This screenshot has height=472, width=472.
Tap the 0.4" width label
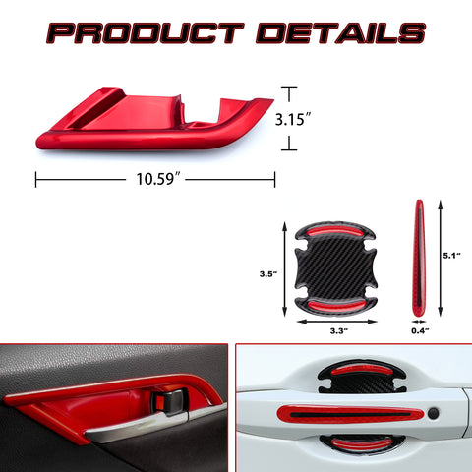tap(420, 331)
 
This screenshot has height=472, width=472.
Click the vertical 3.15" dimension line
tap(289, 118)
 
